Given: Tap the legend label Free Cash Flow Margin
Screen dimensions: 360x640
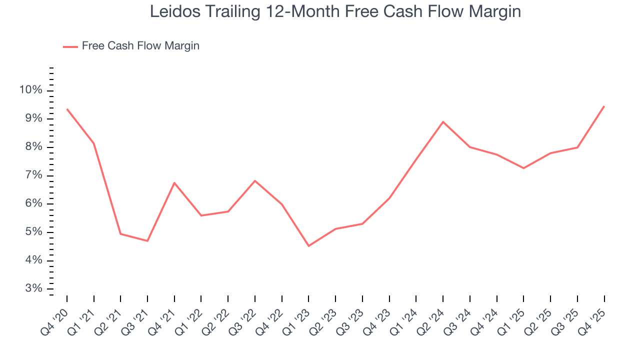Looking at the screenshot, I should click(x=140, y=46).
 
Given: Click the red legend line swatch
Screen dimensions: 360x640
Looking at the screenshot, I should click(x=70, y=46).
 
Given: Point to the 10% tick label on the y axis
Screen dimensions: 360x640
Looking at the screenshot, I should click(x=30, y=90).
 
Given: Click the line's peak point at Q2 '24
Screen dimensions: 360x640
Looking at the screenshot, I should click(x=443, y=121).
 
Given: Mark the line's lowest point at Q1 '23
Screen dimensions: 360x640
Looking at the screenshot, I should click(x=308, y=246).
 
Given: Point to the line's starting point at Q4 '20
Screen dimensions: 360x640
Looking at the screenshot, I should click(x=67, y=109).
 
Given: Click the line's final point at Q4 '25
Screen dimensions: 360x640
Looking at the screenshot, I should click(x=604, y=106).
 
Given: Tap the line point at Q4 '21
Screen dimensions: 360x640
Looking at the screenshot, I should click(x=174, y=182).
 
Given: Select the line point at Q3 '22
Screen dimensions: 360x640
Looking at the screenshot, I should click(x=255, y=180).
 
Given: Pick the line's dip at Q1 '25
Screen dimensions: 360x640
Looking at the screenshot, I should click(x=523, y=168).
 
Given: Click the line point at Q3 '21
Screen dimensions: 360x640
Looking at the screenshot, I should click(x=147, y=241).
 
